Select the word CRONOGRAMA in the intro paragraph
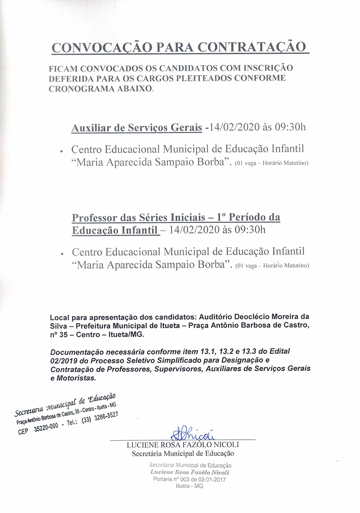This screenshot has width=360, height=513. point(85,89)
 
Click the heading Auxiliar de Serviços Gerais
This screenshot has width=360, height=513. point(137,128)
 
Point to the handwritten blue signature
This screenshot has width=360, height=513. point(192,434)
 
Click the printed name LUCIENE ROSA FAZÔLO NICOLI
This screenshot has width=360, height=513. point(183,445)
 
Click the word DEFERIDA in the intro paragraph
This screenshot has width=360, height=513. point(70,78)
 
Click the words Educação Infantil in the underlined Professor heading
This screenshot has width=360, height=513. point(115,230)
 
